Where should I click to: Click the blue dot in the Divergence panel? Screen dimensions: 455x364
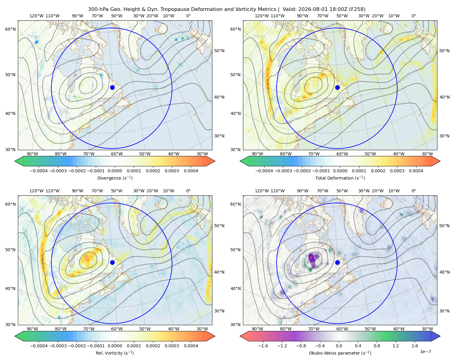click(x=112, y=87)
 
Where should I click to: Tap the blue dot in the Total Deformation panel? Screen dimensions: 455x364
click(x=337, y=87)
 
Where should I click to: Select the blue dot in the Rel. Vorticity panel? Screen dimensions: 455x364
click(x=112, y=262)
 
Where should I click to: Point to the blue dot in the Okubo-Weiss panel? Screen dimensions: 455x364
click(x=337, y=262)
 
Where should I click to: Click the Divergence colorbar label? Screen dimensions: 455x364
click(x=115, y=178)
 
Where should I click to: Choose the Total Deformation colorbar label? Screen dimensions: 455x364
click(x=340, y=178)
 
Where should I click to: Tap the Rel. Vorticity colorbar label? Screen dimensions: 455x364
click(x=115, y=353)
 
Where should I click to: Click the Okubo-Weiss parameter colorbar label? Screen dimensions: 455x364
click(x=340, y=353)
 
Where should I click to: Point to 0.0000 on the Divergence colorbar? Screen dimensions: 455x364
click(x=115, y=171)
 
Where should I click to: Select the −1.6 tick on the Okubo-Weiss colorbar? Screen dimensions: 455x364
click(x=263, y=346)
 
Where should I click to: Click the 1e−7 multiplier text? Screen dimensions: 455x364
click(x=425, y=352)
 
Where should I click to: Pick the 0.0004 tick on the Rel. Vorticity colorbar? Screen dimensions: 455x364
click(x=191, y=346)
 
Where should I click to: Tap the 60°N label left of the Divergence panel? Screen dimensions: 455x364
click(x=10, y=29)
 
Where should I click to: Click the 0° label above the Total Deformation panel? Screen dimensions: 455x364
click(x=413, y=16)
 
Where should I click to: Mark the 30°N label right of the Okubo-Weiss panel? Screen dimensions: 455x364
click(x=444, y=311)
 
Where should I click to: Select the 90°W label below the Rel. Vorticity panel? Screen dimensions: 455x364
click(x=32, y=329)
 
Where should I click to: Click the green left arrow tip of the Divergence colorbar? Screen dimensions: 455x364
click(x=15, y=161)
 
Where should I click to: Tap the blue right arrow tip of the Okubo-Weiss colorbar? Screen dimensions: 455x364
click(x=440, y=336)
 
